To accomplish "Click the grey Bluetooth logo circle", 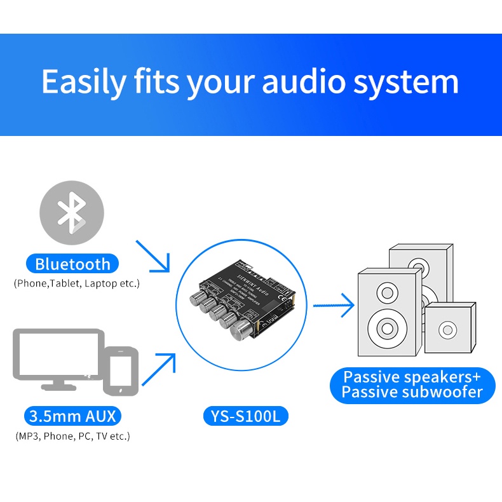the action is point(72,212).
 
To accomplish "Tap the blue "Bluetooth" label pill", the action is point(72,264).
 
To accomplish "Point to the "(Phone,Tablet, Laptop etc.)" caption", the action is point(76,283).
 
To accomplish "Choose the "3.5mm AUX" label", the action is point(73,417).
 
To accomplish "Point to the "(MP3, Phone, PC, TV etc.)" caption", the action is point(73,436).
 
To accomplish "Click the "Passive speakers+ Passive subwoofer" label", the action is point(412,384).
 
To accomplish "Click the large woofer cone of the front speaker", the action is point(387,329).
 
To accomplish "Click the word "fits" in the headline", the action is point(156,83).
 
